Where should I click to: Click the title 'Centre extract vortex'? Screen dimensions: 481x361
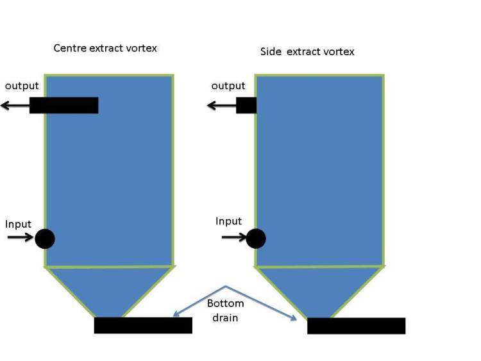coord(105,48)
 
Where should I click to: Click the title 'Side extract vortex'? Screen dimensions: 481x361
coord(307,51)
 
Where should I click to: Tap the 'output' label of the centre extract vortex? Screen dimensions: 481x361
coord(22,86)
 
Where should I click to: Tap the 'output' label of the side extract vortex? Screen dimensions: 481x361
coord(228,86)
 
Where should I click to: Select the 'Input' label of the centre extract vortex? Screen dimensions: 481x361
coord(18,224)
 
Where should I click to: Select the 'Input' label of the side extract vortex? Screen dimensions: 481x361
coord(228,221)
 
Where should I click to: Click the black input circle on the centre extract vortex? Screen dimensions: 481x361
coord(45,239)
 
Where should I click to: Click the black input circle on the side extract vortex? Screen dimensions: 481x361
coord(256,239)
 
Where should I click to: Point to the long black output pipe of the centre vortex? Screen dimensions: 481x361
coord(63,105)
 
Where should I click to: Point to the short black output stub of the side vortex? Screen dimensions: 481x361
coord(246,105)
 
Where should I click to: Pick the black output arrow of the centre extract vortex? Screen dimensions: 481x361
coord(15,106)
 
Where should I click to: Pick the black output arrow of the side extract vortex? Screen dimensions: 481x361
coord(221,106)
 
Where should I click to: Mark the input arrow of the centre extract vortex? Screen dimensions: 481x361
coord(21,237)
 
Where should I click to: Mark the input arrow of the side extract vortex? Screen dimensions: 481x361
coord(234,237)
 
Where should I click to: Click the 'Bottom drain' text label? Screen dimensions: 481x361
coord(226,310)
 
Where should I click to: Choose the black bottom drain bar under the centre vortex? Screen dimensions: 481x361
coord(143,326)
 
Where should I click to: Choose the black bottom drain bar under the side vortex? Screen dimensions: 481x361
coord(356,326)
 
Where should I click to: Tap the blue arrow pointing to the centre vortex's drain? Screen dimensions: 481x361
coord(199,301)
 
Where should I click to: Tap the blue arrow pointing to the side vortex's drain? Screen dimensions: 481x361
coord(261,303)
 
